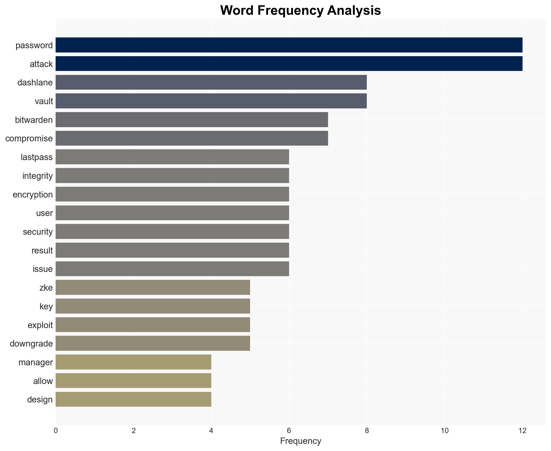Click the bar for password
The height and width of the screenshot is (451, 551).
(289, 45)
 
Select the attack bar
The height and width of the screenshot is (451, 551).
(289, 64)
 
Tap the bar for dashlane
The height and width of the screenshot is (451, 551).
(211, 82)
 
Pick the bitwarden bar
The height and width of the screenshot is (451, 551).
(192, 120)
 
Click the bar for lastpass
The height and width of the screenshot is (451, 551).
(172, 157)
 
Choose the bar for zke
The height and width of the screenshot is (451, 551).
(153, 287)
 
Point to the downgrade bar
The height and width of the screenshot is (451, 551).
(153, 343)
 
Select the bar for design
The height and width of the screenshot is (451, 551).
(133, 399)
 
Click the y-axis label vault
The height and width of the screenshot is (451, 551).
(44, 101)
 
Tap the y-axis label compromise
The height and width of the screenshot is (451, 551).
(29, 138)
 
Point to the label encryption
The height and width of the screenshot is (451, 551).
(33, 195)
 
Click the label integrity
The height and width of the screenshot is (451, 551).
(37, 176)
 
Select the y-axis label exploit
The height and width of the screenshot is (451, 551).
(40, 325)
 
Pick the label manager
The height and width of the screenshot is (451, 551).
(36, 362)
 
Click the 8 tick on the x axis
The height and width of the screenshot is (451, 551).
(367, 431)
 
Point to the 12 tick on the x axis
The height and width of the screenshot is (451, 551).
(522, 431)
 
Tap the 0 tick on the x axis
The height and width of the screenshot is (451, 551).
(56, 431)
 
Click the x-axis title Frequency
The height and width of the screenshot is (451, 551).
(300, 441)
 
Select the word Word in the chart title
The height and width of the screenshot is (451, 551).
(237, 11)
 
